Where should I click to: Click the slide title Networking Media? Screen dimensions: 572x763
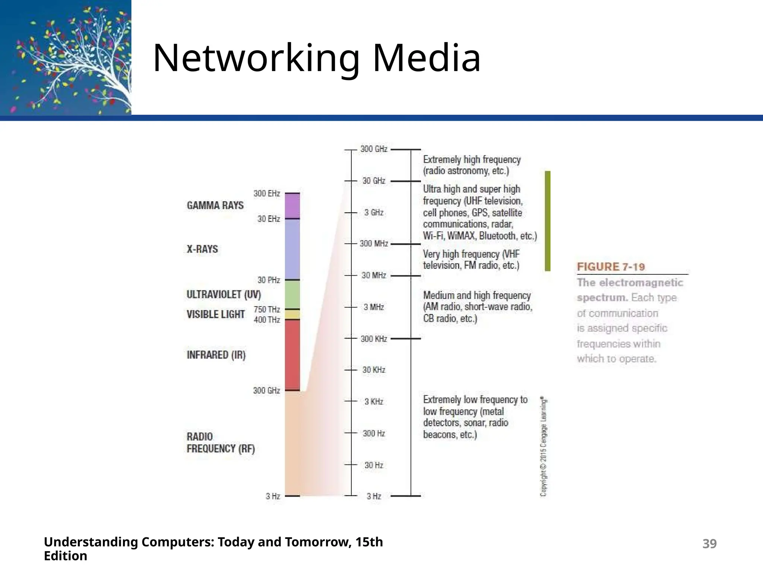317,58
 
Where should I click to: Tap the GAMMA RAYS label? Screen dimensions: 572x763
215,206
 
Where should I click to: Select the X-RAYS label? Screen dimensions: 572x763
202,249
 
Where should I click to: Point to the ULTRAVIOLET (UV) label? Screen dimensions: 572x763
224,295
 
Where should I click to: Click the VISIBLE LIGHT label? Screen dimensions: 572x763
215,314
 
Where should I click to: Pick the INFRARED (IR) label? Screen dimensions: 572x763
216,355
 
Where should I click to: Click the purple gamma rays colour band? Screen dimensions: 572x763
292,206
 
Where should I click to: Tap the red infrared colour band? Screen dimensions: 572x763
292,355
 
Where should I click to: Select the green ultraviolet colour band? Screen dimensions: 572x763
292,294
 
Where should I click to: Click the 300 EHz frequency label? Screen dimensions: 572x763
266,194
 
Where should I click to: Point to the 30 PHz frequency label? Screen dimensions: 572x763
268,280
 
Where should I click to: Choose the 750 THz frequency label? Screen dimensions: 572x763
266,309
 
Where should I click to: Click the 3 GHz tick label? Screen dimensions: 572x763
374,213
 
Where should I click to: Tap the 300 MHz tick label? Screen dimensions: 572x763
374,244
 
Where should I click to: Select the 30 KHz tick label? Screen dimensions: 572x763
374,370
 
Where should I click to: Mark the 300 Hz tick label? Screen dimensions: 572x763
374,433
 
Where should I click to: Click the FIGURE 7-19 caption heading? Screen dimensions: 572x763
611,267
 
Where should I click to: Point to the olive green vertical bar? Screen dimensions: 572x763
547,221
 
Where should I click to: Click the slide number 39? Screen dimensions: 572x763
709,544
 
